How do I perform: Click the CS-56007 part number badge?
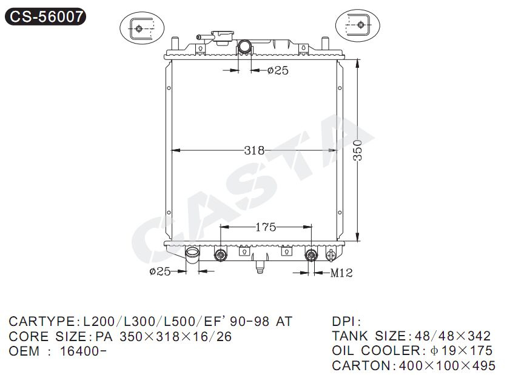(45, 17)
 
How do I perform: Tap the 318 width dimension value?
(254, 150)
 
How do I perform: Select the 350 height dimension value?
(358, 150)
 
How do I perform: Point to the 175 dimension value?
(266, 227)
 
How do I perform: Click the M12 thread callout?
(341, 273)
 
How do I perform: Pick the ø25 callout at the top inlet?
(278, 70)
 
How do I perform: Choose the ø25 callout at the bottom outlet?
(159, 271)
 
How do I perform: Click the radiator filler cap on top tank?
(223, 38)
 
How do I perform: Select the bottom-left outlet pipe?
(192, 255)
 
